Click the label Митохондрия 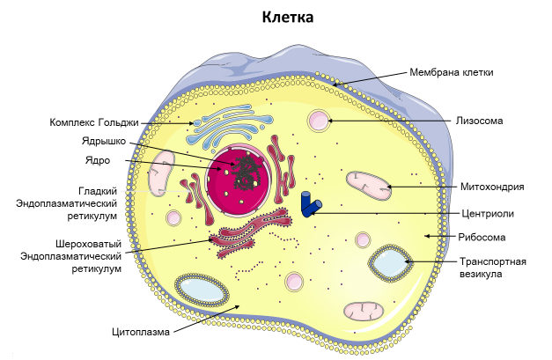click(x=492, y=187)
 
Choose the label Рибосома click(x=482, y=237)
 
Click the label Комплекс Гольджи click(x=93, y=122)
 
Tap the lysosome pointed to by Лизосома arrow click(x=318, y=121)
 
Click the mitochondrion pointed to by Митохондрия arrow click(x=368, y=184)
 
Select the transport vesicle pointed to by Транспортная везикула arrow click(x=387, y=263)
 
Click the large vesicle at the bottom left click(x=202, y=290)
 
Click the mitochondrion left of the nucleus click(x=162, y=173)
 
